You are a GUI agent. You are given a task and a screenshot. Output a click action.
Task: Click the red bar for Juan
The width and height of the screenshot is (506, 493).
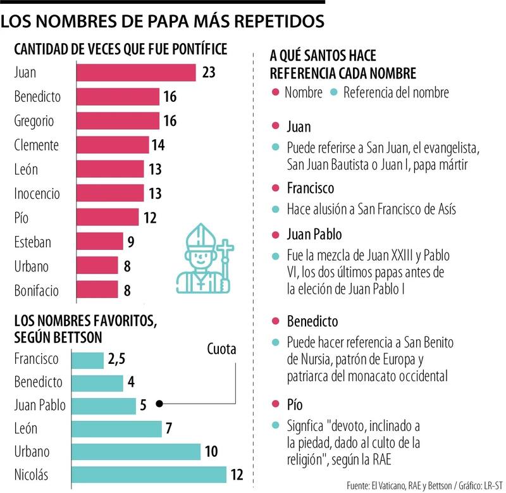136,72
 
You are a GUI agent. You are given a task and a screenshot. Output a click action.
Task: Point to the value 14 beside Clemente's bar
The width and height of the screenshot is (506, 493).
157,145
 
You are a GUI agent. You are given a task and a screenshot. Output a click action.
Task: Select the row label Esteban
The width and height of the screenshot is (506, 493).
32,242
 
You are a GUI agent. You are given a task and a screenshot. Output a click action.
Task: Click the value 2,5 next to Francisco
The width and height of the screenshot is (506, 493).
117,359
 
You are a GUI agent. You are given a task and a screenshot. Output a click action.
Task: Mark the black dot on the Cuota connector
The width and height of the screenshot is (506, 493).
159,403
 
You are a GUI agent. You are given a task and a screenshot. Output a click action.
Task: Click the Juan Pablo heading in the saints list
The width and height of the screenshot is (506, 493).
314,234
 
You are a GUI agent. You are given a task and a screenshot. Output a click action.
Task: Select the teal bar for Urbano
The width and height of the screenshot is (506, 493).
136,451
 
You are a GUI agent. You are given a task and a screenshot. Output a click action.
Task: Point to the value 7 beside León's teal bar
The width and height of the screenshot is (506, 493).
170,428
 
